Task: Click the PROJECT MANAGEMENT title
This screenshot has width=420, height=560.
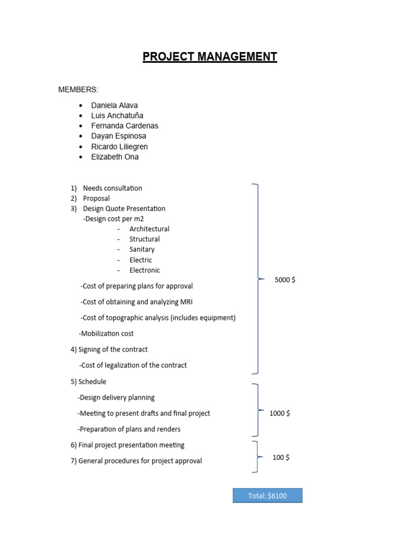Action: [210, 57]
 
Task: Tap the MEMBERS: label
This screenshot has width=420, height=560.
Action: [78, 90]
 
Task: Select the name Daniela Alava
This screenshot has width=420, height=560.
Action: [114, 105]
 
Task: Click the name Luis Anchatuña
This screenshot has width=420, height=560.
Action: [117, 115]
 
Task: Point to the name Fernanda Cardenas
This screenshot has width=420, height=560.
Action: [125, 126]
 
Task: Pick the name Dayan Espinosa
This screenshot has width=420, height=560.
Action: [119, 136]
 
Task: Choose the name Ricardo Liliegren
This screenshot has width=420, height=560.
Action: [119, 147]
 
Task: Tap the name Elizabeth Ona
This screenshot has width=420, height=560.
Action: [115, 157]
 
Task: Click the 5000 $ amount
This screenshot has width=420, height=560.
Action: [285, 280]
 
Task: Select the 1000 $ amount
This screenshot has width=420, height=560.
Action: [279, 413]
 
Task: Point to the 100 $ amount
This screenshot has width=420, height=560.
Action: [281, 457]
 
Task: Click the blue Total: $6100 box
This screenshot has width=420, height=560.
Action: [267, 495]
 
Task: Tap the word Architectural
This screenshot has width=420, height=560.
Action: [149, 229]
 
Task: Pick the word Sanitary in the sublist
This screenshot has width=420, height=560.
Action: [142, 249]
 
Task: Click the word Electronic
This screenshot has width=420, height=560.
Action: [145, 270]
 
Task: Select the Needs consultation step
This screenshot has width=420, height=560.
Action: [112, 188]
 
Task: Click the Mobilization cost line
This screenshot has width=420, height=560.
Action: [107, 334]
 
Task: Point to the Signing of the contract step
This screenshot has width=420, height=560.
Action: [113, 349]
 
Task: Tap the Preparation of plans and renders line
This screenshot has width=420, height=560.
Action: [130, 429]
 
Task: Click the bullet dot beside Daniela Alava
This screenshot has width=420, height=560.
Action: [80, 105]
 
